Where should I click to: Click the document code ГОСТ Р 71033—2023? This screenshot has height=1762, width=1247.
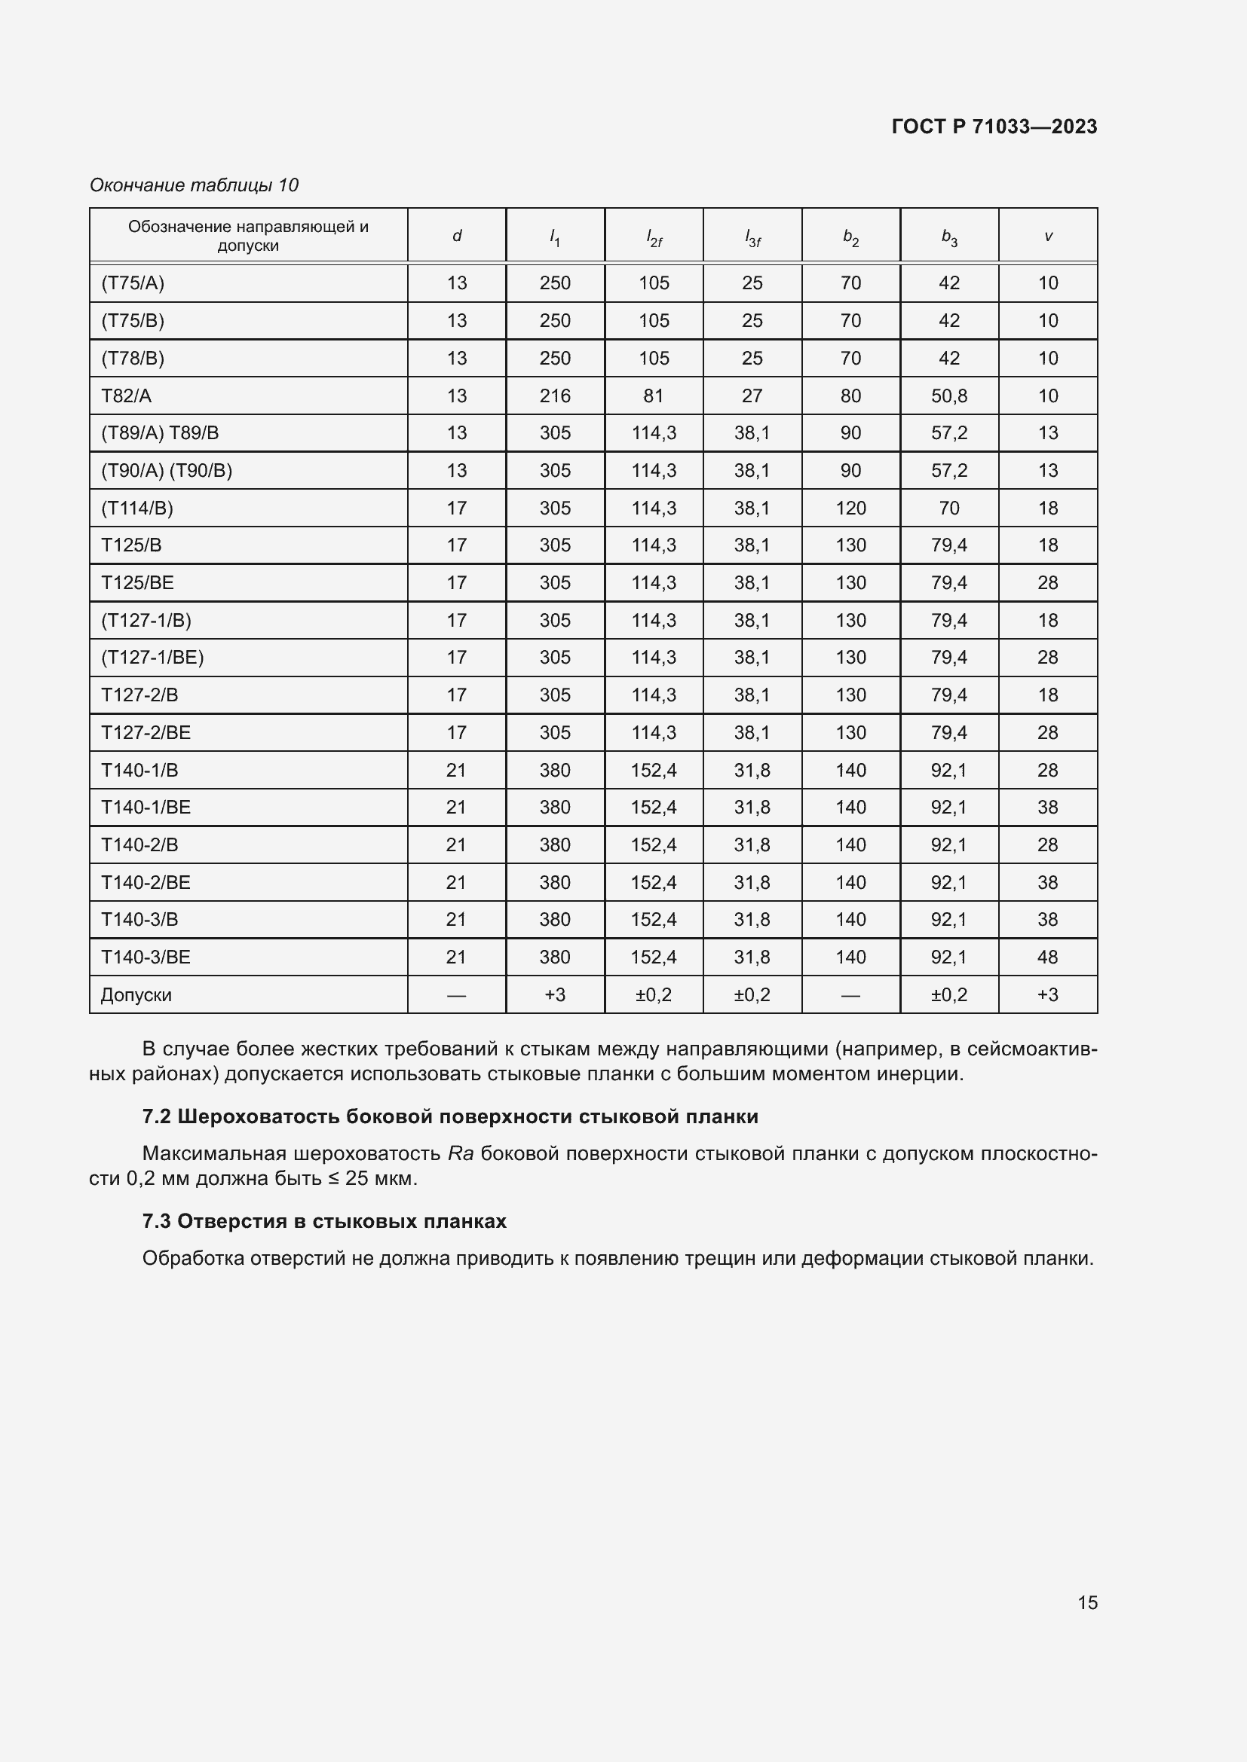(994, 127)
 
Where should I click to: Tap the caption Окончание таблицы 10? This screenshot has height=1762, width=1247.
(195, 185)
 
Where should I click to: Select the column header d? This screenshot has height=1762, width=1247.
(457, 237)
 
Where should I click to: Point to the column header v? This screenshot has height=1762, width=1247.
(1048, 237)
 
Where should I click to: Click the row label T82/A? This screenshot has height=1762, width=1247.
(127, 396)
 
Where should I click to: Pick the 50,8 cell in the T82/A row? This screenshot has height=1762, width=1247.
(949, 396)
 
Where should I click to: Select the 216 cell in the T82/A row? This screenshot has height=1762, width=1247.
(554, 396)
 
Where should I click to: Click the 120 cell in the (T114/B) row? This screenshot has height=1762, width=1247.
(850, 508)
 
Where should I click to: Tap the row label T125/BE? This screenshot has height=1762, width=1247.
(138, 582)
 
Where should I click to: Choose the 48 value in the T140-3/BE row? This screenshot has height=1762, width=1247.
(1047, 957)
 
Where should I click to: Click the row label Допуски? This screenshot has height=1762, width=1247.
(136, 994)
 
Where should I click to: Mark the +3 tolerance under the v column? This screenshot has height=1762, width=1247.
(1047, 994)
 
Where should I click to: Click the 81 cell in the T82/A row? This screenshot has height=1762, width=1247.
(654, 396)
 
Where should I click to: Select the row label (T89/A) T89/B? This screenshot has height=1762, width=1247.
(161, 433)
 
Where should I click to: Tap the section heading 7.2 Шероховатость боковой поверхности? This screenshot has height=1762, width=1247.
(450, 1116)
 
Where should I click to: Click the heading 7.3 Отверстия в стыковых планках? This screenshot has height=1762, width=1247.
(324, 1221)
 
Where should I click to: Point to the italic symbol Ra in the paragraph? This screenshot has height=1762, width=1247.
(461, 1153)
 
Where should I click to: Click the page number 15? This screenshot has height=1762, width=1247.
(1087, 1602)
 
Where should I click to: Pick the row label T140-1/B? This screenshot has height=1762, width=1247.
(139, 770)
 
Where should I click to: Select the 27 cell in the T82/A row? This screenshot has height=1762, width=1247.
(752, 396)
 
